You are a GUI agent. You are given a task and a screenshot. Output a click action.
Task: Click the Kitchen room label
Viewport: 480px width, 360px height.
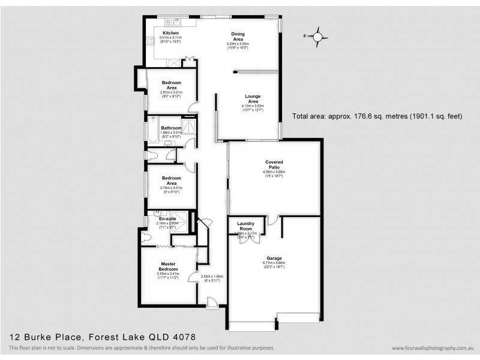tap(170, 32)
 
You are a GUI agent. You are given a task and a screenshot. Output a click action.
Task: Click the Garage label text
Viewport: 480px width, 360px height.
tap(274, 258)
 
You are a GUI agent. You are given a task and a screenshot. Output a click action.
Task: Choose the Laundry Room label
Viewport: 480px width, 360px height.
tap(245, 226)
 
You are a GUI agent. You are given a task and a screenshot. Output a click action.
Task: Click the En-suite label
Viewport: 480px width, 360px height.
tap(159, 219)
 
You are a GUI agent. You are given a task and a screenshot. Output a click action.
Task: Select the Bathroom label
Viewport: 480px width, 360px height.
tap(171, 128)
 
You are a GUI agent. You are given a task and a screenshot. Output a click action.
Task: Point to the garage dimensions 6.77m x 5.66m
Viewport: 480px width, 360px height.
tap(274, 263)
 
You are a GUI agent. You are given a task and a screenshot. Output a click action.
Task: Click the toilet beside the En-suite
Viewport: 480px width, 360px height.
tap(148, 236)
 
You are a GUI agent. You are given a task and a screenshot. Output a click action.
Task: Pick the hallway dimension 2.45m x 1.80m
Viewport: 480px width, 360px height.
tap(212, 277)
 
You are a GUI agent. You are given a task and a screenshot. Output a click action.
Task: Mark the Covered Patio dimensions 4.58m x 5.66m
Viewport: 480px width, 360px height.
tap(274, 172)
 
